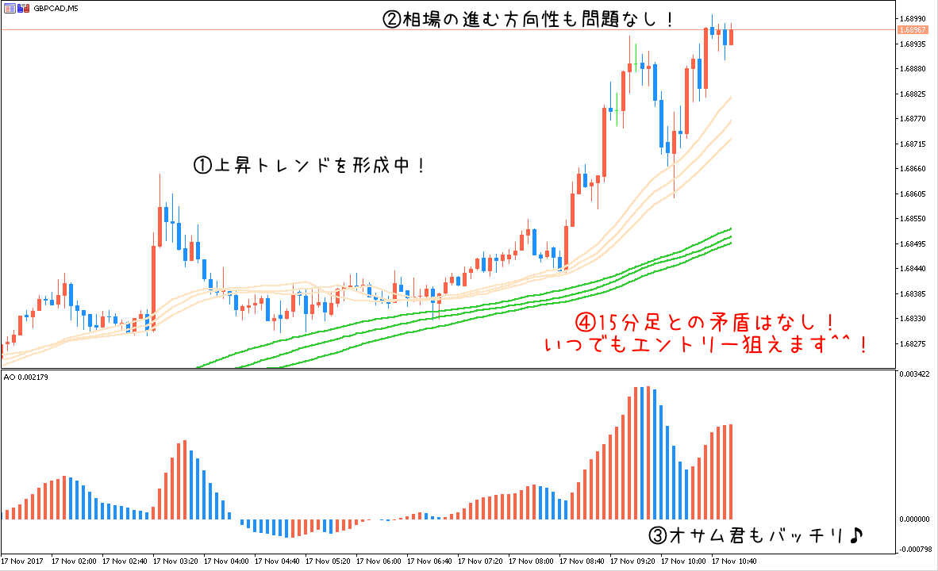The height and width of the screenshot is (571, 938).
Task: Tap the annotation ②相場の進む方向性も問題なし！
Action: [529, 20]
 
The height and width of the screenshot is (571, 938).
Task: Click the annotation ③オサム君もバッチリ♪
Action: [755, 536]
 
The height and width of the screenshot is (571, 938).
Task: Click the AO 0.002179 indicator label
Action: [26, 377]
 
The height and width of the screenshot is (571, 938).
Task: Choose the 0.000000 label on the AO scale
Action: [916, 519]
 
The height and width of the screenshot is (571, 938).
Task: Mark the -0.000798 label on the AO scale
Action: [916, 548]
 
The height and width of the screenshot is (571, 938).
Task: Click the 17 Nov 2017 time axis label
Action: [23, 561]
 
